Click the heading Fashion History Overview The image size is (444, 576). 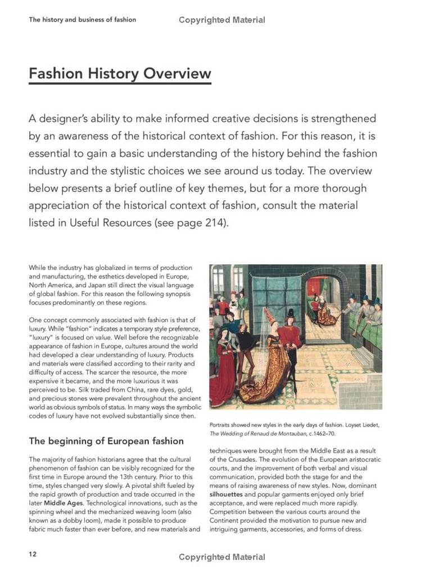pos(120,74)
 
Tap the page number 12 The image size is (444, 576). pos(33,554)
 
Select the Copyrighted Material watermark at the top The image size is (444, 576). pos(222,20)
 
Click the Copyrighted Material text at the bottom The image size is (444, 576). pos(222,557)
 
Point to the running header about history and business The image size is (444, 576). pos(82,20)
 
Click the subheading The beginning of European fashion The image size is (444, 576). pos(106,441)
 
